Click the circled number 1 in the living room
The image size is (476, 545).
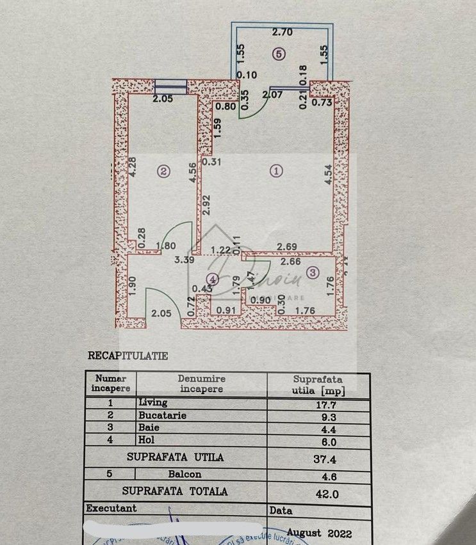click(x=276, y=171)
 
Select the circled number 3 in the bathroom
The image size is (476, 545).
click(x=312, y=274)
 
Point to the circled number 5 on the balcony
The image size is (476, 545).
click(x=277, y=54)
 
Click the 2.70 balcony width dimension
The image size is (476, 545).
click(x=283, y=31)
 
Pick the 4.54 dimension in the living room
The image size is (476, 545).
click(x=328, y=175)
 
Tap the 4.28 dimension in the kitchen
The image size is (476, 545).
click(x=133, y=168)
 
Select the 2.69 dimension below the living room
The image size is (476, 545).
click(x=286, y=246)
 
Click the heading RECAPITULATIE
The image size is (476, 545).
click(x=127, y=356)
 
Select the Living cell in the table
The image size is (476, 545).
click(x=152, y=403)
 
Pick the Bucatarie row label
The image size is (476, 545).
click(x=162, y=415)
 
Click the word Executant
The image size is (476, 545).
click(x=112, y=508)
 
